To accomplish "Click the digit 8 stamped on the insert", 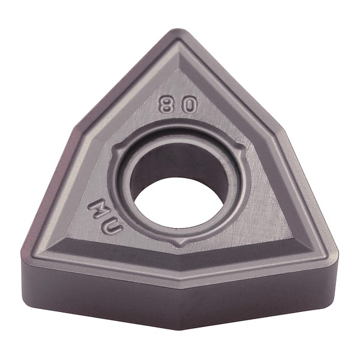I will tap(166, 105).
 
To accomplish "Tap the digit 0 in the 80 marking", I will tap(188, 106).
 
